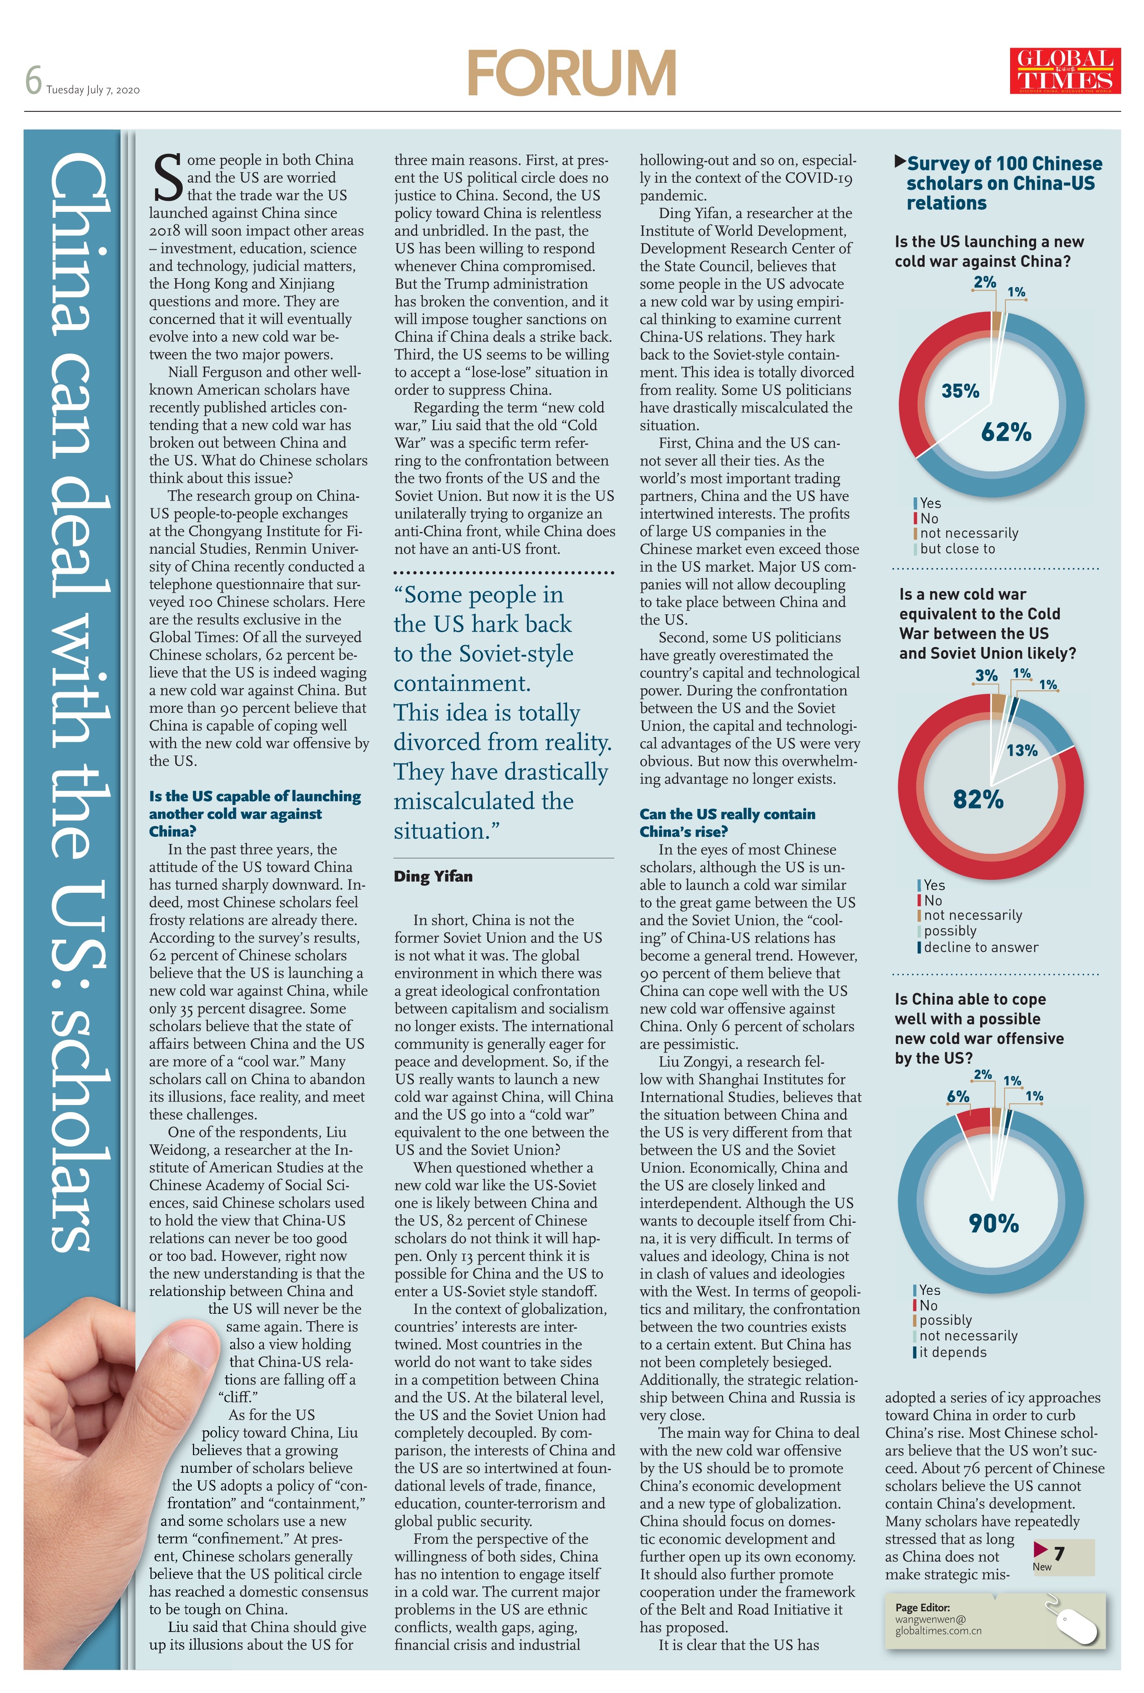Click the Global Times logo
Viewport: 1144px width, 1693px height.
click(x=1064, y=70)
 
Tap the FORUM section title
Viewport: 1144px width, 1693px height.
click(x=572, y=73)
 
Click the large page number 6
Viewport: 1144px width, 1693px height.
click(x=33, y=80)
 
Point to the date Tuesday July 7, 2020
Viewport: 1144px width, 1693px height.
click(x=93, y=90)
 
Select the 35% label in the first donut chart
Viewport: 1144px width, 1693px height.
click(x=960, y=391)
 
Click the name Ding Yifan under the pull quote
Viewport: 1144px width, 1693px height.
click(x=433, y=876)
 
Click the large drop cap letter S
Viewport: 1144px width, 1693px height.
click(x=168, y=177)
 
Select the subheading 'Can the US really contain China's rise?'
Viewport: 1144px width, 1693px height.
click(x=727, y=822)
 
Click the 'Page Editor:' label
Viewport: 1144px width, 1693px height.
click(x=923, y=1607)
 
